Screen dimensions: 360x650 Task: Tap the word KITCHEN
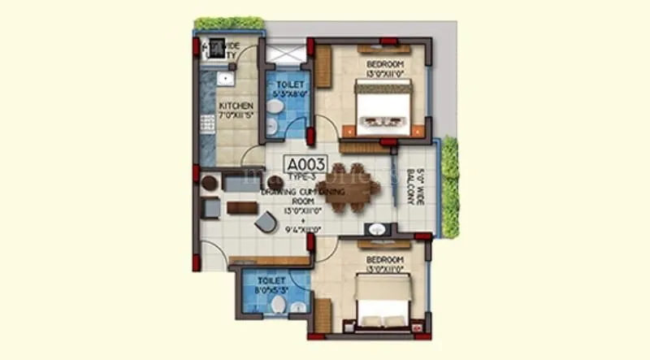(236, 106)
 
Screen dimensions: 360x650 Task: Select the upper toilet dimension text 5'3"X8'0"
(289, 93)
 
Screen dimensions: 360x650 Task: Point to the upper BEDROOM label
(383, 64)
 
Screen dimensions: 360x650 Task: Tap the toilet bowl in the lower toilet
(278, 304)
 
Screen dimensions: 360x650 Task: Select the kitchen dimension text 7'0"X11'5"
(236, 117)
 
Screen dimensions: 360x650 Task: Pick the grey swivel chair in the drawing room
(266, 220)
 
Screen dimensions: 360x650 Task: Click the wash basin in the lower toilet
(298, 307)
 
